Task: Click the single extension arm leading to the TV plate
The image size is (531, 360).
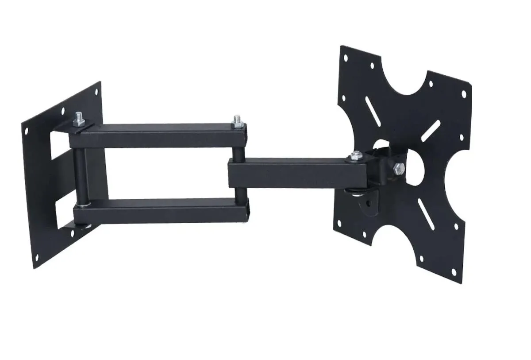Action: click(288, 173)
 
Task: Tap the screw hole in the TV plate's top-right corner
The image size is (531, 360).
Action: click(464, 94)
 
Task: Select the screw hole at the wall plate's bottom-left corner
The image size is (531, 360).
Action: click(37, 255)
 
